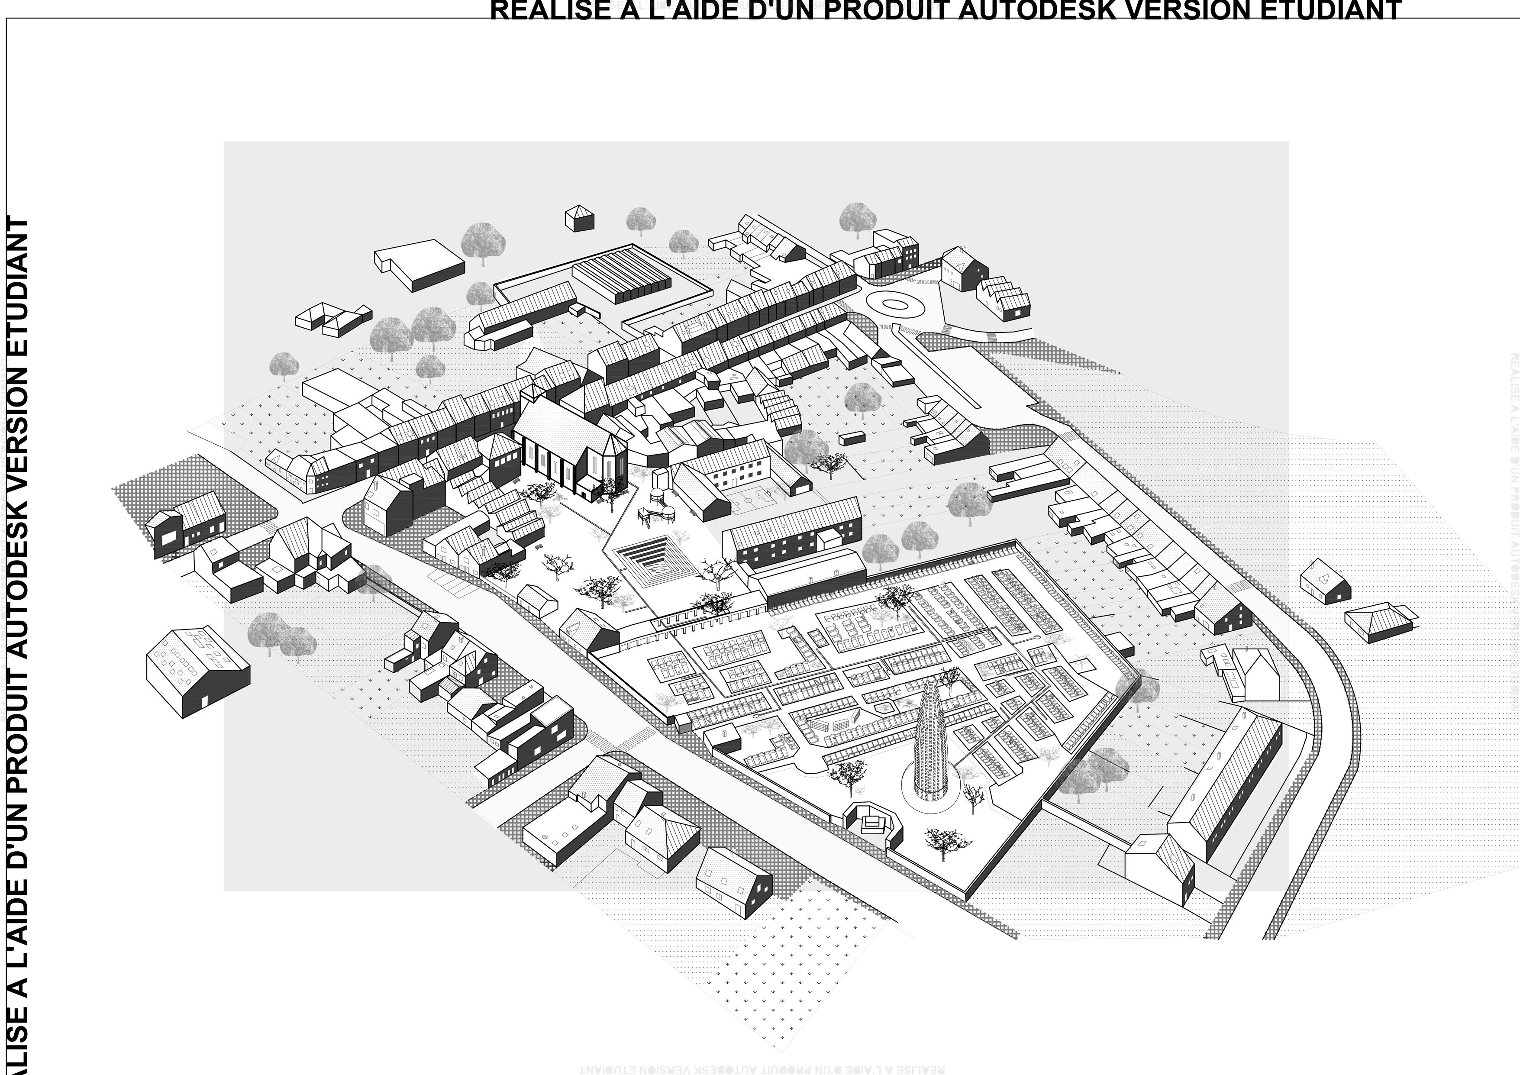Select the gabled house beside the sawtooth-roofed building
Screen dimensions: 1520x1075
tap(964, 268)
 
